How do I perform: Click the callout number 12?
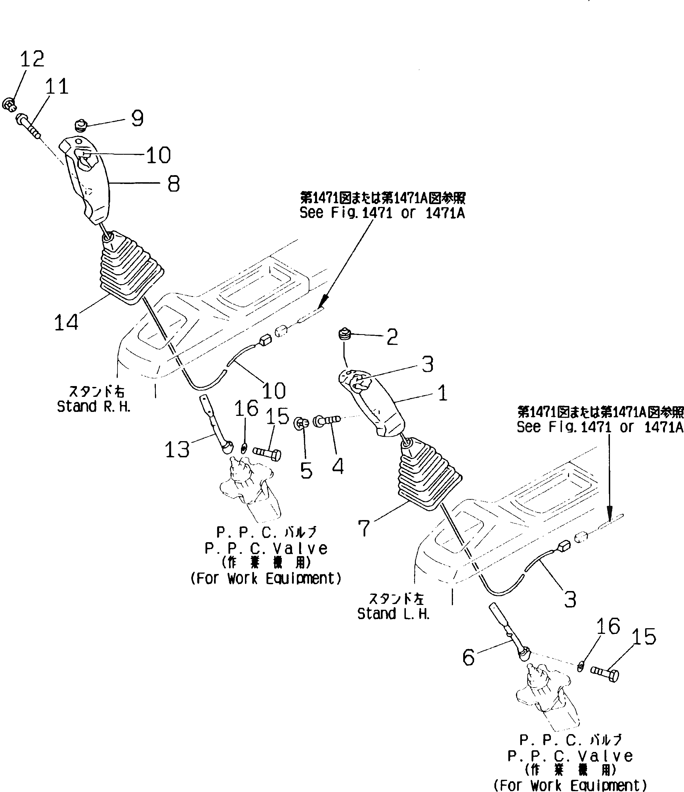click(32, 59)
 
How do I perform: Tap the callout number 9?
click(137, 118)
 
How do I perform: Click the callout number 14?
click(66, 322)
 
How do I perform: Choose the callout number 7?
click(364, 528)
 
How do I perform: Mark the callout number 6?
click(469, 657)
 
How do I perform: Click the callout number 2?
click(392, 337)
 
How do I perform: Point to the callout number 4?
click(337, 467)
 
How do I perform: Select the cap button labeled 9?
click(81, 125)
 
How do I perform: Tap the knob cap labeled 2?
click(345, 334)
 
